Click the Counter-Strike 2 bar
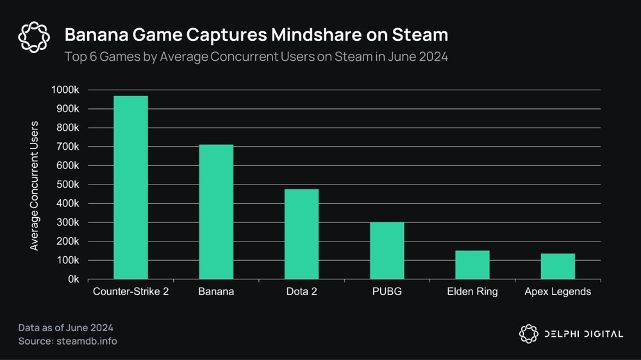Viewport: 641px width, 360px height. [131, 188]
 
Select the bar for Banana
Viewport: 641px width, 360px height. [216, 212]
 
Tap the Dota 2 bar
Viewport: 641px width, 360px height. [301, 234]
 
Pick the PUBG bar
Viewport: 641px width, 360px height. [387, 250]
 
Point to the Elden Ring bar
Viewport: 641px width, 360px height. [472, 265]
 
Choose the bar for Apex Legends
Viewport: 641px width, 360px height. [558, 266]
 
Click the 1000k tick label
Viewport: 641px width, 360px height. [65, 90]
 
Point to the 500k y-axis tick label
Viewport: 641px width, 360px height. [67, 184]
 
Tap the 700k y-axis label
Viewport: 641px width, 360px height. [67, 147]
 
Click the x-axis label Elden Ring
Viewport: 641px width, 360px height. [472, 292]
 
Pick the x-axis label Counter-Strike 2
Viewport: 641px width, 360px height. [131, 292]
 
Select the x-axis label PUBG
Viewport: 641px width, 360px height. [387, 292]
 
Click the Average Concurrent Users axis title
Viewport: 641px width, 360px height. [35, 186]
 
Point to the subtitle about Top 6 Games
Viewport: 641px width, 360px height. [256, 56]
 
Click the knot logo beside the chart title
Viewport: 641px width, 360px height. [34, 37]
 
